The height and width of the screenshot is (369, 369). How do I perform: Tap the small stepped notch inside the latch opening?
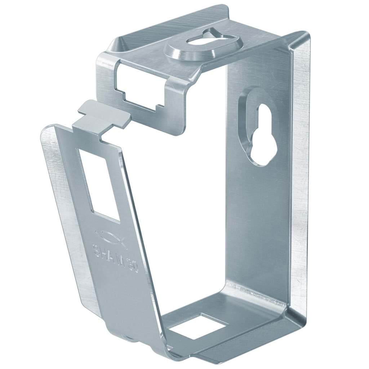[x=157, y=107]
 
